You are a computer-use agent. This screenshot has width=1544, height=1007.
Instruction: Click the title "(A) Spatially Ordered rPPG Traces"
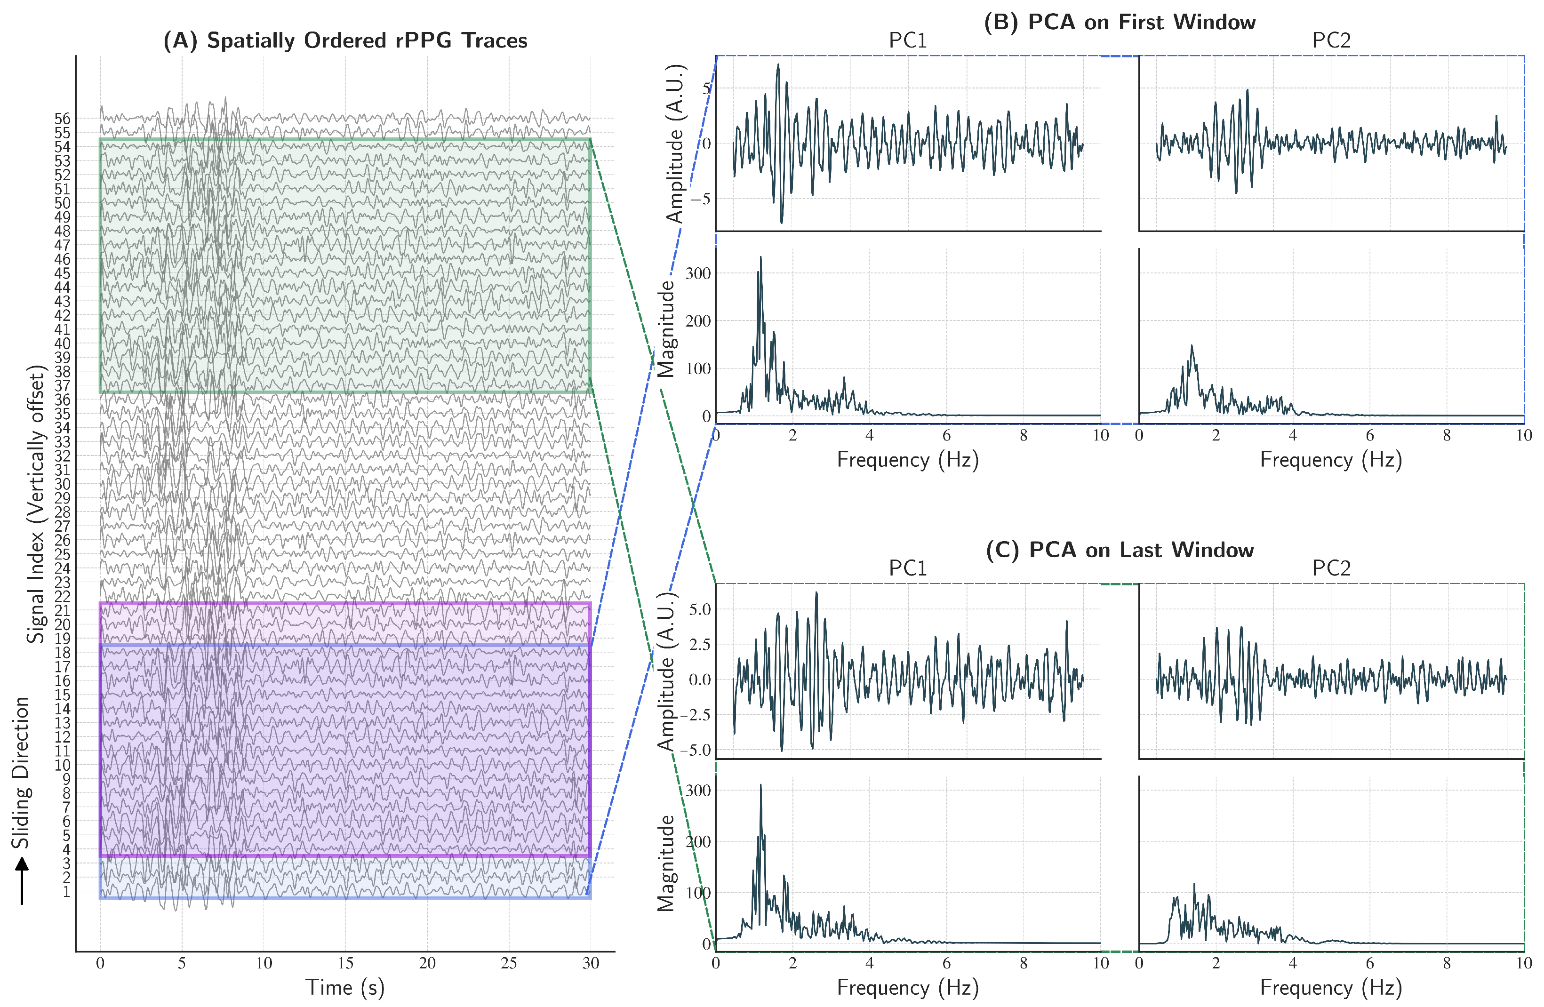(x=345, y=40)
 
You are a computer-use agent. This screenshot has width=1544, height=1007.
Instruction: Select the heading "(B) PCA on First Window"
(x=1120, y=22)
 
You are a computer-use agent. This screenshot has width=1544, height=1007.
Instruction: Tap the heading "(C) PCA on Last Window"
(x=1120, y=550)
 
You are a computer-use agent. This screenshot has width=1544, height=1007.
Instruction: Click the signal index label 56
(x=62, y=119)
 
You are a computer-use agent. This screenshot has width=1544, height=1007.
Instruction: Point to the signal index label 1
(x=66, y=892)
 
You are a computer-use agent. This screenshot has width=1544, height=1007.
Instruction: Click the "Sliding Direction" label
(x=21, y=772)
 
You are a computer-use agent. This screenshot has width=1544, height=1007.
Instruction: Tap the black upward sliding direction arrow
(x=22, y=880)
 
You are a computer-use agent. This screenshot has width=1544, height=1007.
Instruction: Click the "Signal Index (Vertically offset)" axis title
(x=36, y=504)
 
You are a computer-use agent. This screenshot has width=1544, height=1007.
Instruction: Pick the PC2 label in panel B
(x=1331, y=40)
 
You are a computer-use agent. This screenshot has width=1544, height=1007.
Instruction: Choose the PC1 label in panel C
(x=908, y=568)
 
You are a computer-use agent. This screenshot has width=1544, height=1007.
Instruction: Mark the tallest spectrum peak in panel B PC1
(x=760, y=257)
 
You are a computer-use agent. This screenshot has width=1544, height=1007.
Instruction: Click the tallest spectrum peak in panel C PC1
(x=760, y=785)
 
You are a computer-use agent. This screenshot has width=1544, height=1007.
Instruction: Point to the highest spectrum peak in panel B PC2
(x=1192, y=346)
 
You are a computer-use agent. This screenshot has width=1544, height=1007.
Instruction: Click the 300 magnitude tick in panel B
(x=698, y=273)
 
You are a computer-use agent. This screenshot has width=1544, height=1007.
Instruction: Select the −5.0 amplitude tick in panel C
(x=695, y=750)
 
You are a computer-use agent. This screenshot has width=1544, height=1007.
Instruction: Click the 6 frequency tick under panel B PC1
(x=946, y=435)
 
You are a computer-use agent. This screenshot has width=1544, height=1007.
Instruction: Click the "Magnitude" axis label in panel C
(x=666, y=863)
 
